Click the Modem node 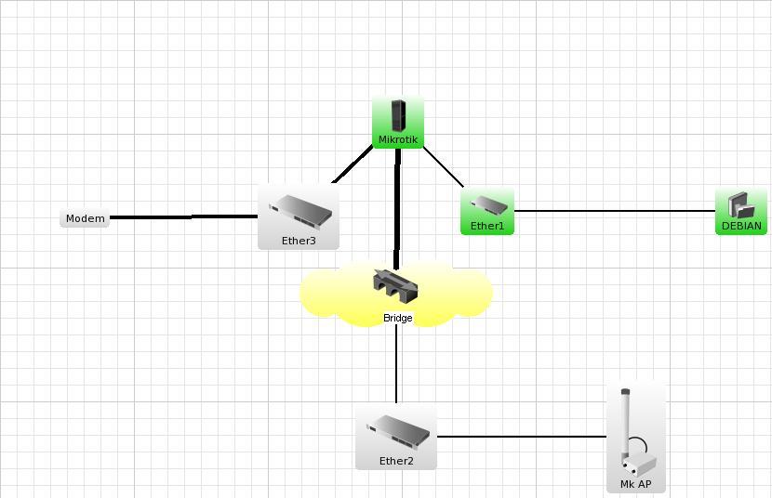point(85,218)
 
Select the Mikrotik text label point(398,140)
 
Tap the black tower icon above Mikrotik point(398,115)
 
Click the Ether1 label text point(487,226)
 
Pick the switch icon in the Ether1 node point(488,204)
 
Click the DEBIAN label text point(741,226)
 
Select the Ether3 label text point(299,241)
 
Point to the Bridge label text point(397,318)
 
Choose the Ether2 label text point(396,461)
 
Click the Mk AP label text point(636,484)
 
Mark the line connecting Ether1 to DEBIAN point(614,211)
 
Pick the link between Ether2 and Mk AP point(521,436)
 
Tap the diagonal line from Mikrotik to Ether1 point(443,167)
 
